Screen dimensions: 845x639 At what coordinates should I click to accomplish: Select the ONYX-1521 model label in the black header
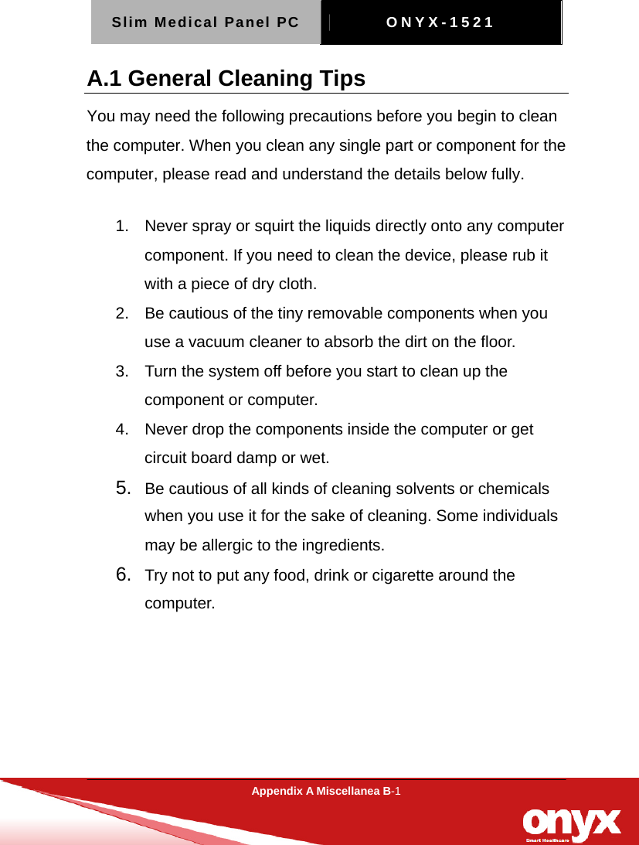click(440, 22)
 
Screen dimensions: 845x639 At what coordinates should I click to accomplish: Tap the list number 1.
click(120, 227)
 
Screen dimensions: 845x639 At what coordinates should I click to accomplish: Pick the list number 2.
click(120, 313)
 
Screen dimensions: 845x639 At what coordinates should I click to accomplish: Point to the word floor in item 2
click(499, 342)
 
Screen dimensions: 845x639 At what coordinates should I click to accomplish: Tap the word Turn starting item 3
click(160, 371)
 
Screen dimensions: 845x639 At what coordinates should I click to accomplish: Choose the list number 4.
click(120, 429)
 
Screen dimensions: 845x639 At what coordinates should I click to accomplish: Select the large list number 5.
click(121, 488)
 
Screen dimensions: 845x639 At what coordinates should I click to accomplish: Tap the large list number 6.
click(121, 574)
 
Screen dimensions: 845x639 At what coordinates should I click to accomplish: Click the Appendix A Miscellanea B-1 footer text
click(325, 791)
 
